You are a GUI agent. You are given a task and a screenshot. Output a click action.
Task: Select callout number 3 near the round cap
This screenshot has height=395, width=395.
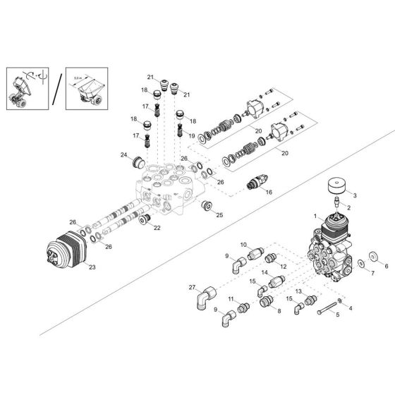click(354, 195)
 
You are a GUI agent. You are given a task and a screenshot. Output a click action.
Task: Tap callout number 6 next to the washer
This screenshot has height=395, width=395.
click(385, 267)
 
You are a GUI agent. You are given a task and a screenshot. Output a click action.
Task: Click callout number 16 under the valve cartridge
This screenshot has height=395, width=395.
click(269, 210)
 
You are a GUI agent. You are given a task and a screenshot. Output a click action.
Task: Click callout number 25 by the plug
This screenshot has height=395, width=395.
click(219, 214)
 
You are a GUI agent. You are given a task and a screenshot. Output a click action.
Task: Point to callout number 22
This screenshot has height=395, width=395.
click(157, 227)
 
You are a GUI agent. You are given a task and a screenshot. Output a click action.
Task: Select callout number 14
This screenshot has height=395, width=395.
click(265, 272)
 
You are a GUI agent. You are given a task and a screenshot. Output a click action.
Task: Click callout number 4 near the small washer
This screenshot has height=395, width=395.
click(351, 308)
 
